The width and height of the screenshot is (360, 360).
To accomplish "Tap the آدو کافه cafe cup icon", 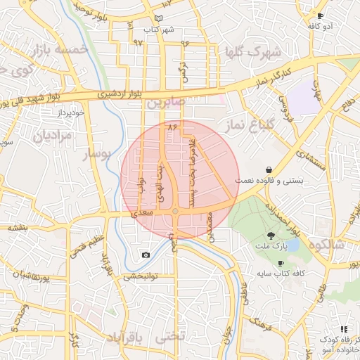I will [x=321, y=15].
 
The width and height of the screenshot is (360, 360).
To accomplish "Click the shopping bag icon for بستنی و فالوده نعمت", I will [x=269, y=169].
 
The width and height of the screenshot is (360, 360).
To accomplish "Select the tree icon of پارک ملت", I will [x=271, y=236].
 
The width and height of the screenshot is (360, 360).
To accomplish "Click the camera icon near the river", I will [x=146, y=255].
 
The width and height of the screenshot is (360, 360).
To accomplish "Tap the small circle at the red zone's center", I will [x=175, y=212].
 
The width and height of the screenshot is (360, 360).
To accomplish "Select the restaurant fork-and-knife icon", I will [x=344, y=329].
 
